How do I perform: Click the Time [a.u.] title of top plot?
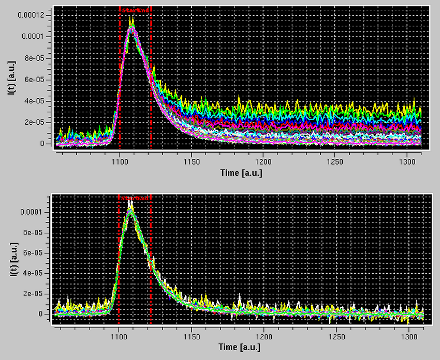tap(241, 173)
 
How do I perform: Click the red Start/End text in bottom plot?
tap(135, 198)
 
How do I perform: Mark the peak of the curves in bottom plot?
tap(131, 207)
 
